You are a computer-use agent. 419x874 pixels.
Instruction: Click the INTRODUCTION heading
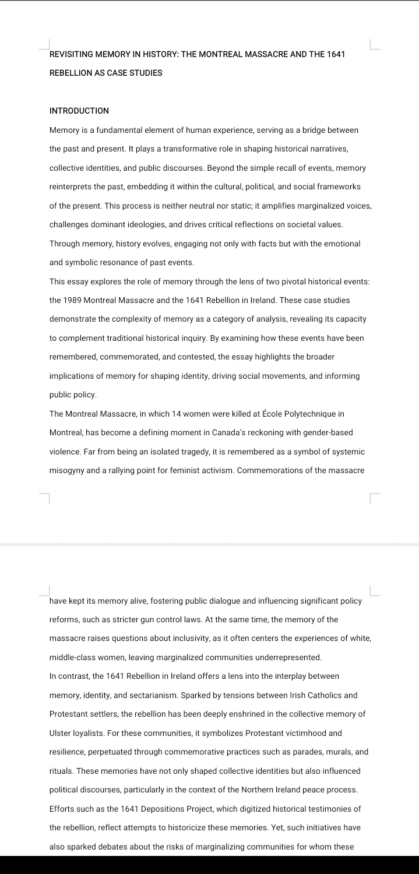click(79, 111)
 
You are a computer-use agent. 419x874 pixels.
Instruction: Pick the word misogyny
click(66, 471)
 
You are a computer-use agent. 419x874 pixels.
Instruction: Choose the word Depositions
click(161, 808)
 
